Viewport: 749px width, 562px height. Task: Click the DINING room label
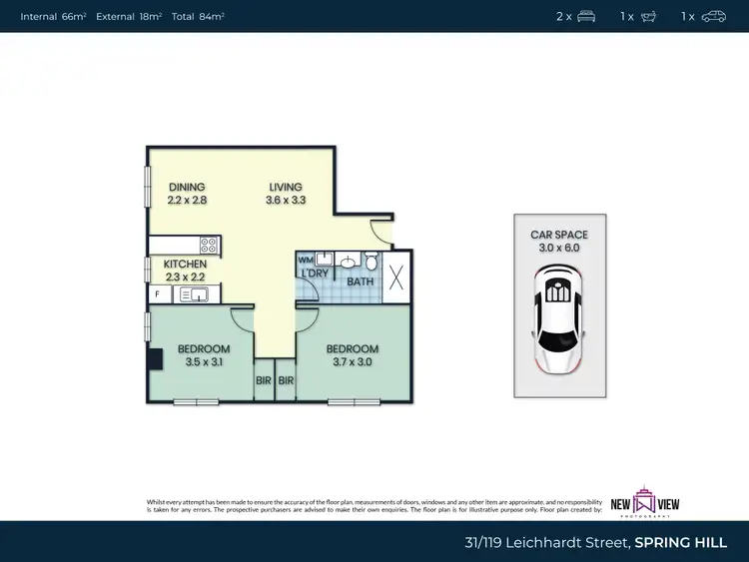[x=187, y=187]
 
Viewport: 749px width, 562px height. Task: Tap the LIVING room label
[x=285, y=187]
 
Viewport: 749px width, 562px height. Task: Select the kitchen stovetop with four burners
[x=209, y=244]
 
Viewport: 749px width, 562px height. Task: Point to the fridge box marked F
[x=157, y=294]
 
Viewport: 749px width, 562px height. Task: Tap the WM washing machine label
[x=304, y=260]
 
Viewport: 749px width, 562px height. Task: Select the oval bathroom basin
[x=346, y=263]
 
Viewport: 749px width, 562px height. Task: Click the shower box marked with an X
[x=396, y=277]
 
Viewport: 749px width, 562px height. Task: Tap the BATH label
[x=360, y=282]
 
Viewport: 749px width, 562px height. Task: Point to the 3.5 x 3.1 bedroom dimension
[x=204, y=362]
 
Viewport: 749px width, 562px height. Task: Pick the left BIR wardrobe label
[x=264, y=380]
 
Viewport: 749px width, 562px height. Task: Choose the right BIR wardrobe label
[x=287, y=380]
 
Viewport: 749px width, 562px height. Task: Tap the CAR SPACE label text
[x=559, y=235]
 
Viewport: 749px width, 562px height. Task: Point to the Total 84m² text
[x=198, y=16]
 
